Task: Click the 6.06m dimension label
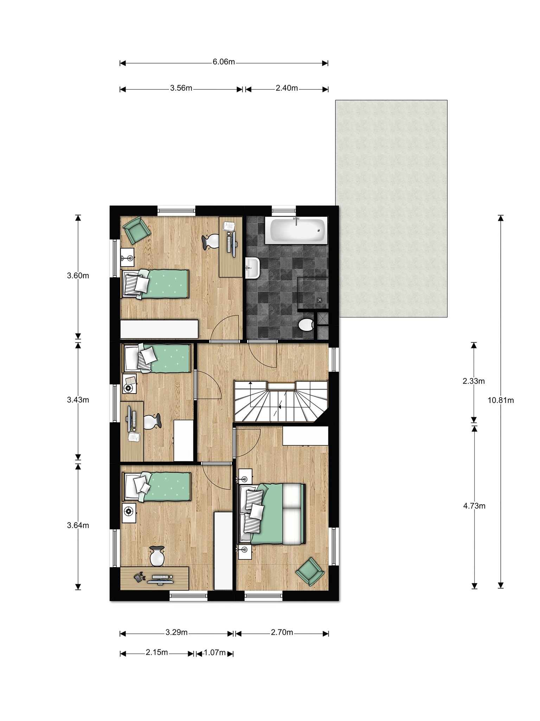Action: [224, 62]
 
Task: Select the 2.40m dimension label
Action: [287, 88]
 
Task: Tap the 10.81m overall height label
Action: [501, 400]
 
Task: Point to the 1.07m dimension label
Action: [214, 652]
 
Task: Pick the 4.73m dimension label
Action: [474, 506]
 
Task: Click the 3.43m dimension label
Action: [78, 400]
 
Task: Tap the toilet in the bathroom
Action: [305, 324]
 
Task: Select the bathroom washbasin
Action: [252, 268]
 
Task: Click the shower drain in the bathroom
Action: [320, 300]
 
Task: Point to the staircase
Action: [281, 401]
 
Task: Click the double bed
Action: [272, 514]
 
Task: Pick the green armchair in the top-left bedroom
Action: [136, 230]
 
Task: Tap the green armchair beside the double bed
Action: [310, 571]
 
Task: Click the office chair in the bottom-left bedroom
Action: [157, 556]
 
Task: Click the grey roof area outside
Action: [391, 208]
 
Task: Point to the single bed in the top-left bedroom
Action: [155, 284]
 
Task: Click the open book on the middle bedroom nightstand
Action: [130, 381]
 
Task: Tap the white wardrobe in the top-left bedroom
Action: [159, 329]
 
